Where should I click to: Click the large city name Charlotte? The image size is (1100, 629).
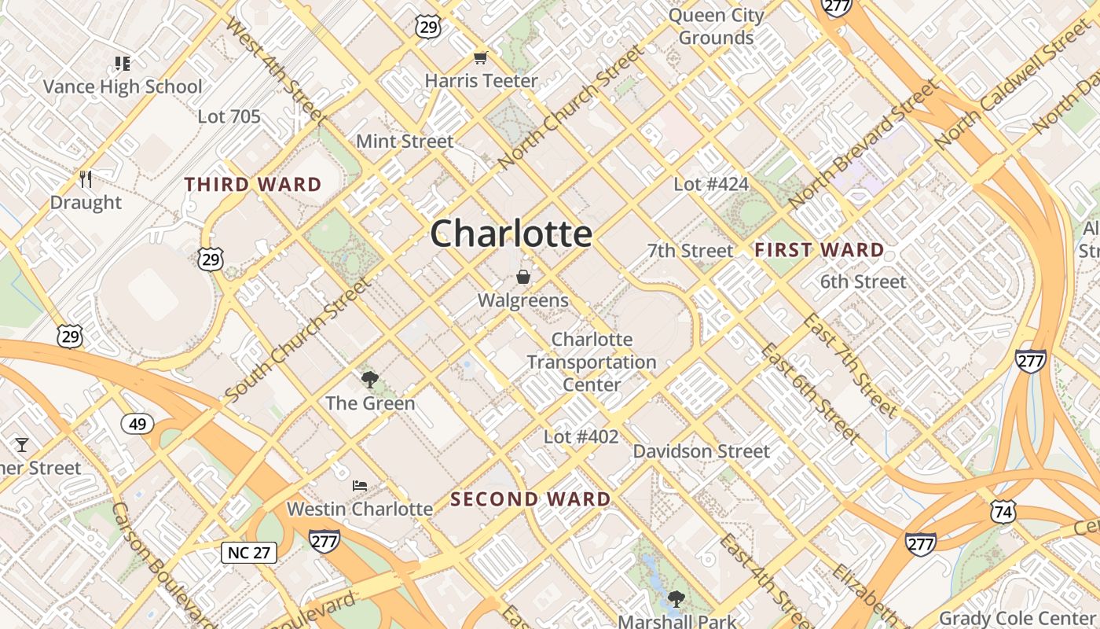(511, 234)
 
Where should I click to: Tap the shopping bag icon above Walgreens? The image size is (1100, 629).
(522, 277)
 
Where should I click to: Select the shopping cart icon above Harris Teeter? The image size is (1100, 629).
(480, 57)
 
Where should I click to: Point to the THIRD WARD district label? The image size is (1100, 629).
(253, 185)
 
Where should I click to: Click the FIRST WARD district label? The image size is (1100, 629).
(819, 250)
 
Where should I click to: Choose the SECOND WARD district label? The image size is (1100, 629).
(530, 499)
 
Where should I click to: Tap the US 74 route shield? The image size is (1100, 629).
(1003, 510)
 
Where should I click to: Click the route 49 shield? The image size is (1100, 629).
(137, 425)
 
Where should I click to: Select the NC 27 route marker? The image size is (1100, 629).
(249, 553)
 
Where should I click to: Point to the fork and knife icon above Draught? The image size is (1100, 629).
(86, 179)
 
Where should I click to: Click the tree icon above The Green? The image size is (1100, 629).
(369, 381)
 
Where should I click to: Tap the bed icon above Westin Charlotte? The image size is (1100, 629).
(360, 486)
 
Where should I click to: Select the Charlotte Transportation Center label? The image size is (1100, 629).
(592, 362)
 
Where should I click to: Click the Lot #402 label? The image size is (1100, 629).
(581, 436)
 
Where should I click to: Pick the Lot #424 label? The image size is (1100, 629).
(711, 184)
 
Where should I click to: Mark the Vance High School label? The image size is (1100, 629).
(123, 86)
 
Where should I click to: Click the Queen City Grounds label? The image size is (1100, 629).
(716, 26)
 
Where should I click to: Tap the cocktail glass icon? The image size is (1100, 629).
(22, 445)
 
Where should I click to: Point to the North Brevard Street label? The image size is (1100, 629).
(863, 145)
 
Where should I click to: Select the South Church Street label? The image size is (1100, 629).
(296, 339)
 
